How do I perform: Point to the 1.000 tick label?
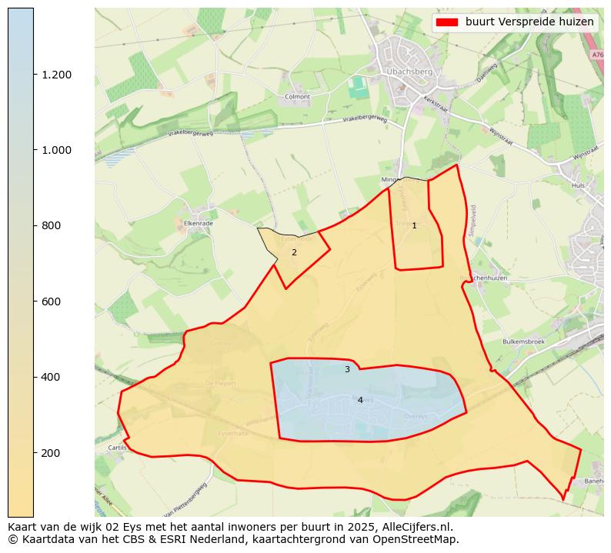point(57,150)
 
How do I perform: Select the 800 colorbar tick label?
point(52,225)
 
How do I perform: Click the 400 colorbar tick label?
point(52,377)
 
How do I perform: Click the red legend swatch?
point(447,22)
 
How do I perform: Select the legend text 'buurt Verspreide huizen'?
point(529,22)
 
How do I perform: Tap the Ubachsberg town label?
point(403,72)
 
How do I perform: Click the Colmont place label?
point(297,97)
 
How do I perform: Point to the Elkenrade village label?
point(198,223)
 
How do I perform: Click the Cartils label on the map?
point(117,447)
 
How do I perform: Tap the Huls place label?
point(579,185)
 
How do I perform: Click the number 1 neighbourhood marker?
point(414,225)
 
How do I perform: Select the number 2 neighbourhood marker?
point(294,252)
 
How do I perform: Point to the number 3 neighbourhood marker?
point(347,370)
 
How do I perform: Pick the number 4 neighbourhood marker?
point(360,400)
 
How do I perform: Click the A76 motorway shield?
point(598,55)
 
